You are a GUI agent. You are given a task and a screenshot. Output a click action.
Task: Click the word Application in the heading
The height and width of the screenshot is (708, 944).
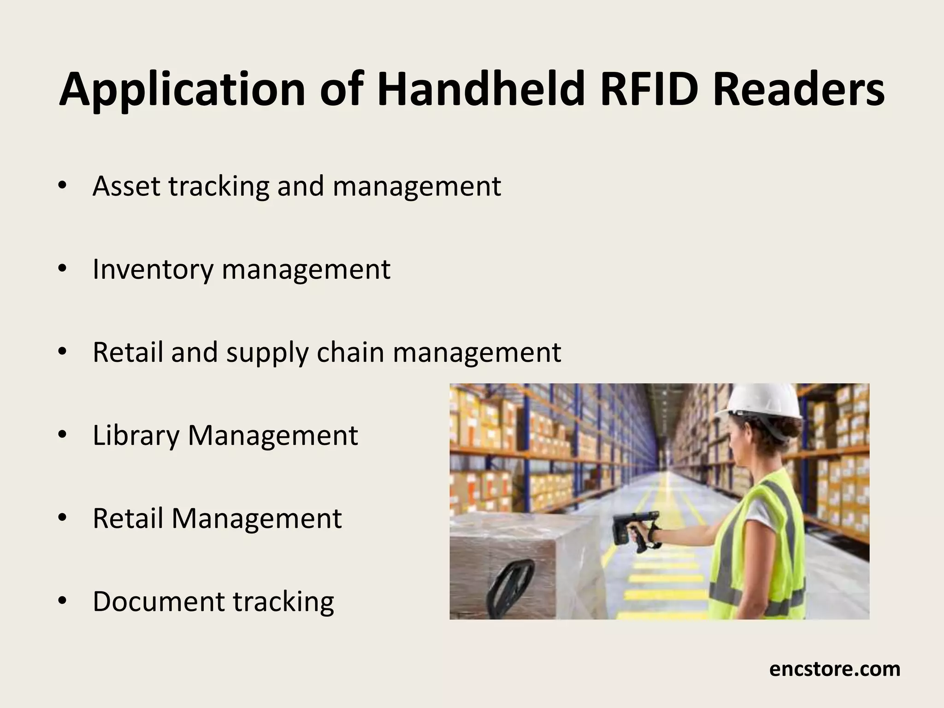[x=182, y=90]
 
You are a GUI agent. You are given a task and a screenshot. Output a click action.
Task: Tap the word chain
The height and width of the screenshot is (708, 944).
[x=350, y=352]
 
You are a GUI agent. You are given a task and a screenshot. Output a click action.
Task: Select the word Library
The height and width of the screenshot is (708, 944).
[x=136, y=436]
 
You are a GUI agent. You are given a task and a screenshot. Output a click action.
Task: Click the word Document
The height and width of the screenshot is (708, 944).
[x=159, y=601]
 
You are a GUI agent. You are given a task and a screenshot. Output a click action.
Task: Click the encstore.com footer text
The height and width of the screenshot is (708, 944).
[x=834, y=669]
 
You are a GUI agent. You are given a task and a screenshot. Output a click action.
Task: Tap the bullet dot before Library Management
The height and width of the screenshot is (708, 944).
[x=63, y=435]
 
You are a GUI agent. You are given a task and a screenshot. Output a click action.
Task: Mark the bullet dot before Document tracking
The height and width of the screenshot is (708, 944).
[x=63, y=601]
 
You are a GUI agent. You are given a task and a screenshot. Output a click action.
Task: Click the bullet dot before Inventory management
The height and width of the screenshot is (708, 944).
[x=63, y=269]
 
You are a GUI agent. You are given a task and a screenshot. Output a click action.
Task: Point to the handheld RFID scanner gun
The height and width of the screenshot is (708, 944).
[x=631, y=530]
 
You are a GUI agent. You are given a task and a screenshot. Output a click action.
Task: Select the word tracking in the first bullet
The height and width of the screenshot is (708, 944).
[x=219, y=187]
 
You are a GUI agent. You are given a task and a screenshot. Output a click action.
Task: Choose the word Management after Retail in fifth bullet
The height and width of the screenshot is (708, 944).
[x=257, y=519]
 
